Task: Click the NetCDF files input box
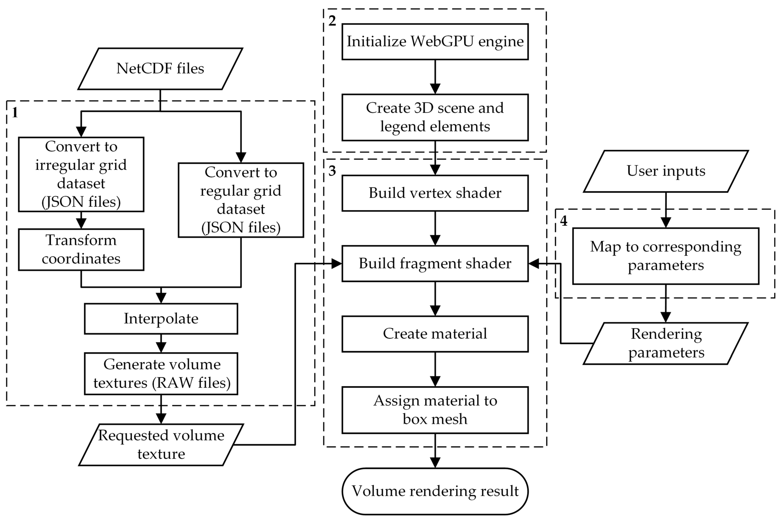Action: point(160,69)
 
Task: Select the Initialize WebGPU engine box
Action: point(435,42)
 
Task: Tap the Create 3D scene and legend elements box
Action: point(435,117)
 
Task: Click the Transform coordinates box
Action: point(81,249)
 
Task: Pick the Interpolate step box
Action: point(161,318)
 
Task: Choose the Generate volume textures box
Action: point(161,374)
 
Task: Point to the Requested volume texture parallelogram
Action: point(161,444)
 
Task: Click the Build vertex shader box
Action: point(435,193)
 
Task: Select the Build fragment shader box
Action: point(435,263)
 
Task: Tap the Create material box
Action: point(435,334)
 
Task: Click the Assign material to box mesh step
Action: point(435,410)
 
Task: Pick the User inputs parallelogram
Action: point(666,171)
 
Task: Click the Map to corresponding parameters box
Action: point(666,256)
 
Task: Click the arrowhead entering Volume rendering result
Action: point(435,463)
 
